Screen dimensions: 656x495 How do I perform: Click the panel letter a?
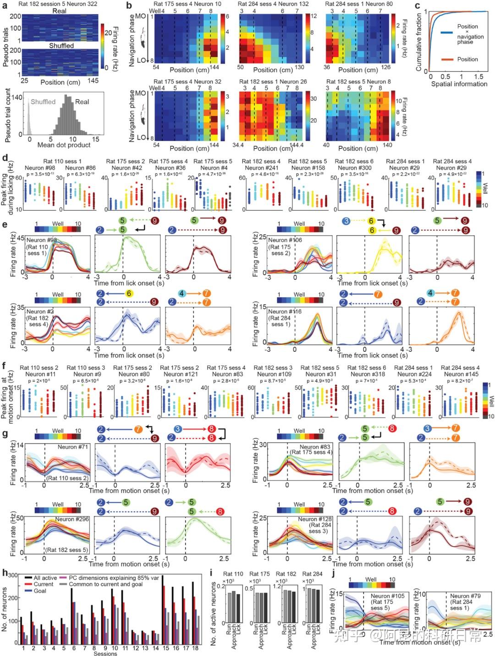point(4,5)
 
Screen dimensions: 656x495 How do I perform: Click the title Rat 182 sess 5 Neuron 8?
point(358,82)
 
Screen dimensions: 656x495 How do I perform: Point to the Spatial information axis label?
point(459,84)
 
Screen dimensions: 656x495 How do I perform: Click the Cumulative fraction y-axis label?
point(418,41)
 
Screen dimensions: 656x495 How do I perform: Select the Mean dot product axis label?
point(64,145)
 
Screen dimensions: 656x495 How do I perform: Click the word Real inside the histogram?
point(82,102)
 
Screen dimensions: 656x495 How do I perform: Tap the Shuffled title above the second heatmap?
point(61,46)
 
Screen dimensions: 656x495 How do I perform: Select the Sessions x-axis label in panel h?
point(105,653)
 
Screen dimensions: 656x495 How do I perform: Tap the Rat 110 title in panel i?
point(233,574)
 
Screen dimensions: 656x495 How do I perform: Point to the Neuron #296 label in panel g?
point(72,519)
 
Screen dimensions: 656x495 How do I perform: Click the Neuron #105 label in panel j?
point(386,596)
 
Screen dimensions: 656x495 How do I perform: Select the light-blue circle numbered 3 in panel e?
point(346,221)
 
